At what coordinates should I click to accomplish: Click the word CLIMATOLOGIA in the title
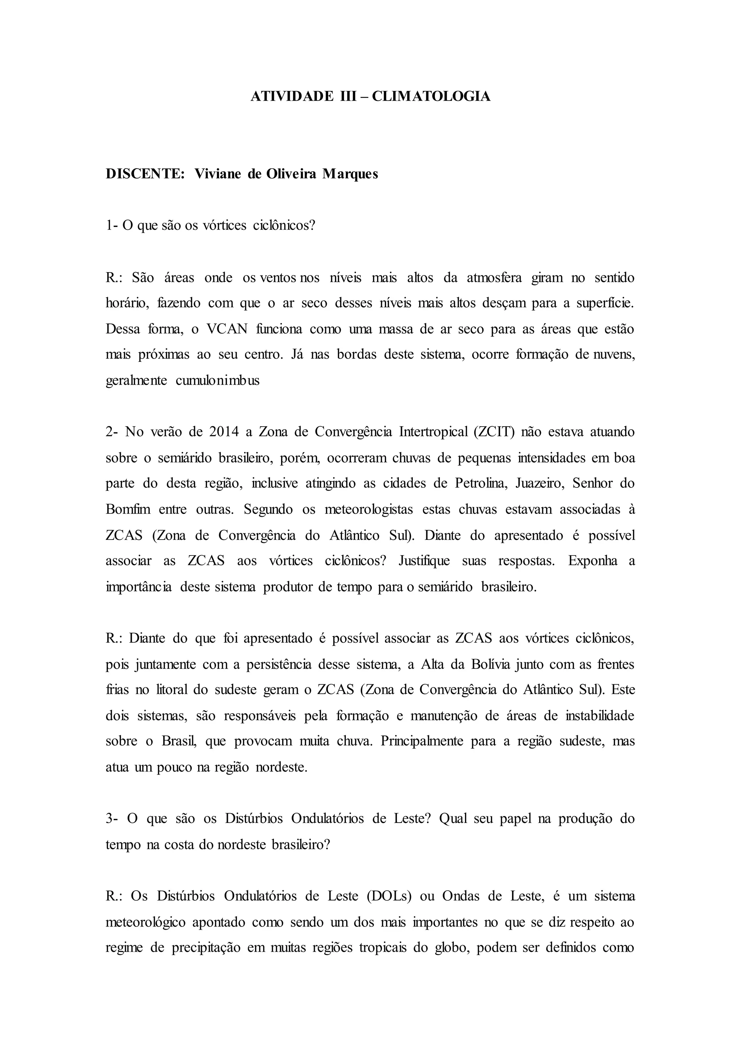[x=431, y=96]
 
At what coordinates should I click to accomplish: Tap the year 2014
[x=224, y=432]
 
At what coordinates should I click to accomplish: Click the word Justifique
[x=424, y=561]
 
